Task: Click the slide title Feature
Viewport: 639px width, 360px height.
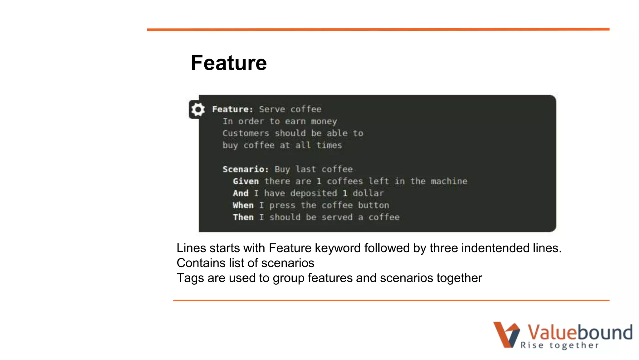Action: (x=229, y=63)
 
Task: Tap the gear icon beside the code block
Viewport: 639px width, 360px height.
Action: (x=198, y=109)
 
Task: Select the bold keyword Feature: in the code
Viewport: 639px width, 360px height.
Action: (x=232, y=109)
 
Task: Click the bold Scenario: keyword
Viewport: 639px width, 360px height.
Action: (x=245, y=169)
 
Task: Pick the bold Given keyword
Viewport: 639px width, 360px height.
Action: (x=246, y=181)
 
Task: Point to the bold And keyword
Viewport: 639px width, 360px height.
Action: (x=241, y=193)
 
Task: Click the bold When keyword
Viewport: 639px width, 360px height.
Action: (x=243, y=205)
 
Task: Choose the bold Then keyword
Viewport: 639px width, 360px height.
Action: (x=243, y=217)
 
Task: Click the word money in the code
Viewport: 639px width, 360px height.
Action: (x=324, y=122)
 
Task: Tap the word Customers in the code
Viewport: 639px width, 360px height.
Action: (x=246, y=133)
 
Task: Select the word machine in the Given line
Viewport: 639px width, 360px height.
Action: (x=449, y=181)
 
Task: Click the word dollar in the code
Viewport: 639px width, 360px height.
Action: (x=368, y=193)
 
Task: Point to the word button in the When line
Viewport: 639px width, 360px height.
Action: (x=373, y=205)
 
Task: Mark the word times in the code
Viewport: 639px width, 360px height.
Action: (x=329, y=145)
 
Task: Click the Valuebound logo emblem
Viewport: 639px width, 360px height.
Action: (x=506, y=334)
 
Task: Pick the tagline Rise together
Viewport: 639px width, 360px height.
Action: (x=560, y=345)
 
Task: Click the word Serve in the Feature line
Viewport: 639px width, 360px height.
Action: (x=272, y=109)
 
